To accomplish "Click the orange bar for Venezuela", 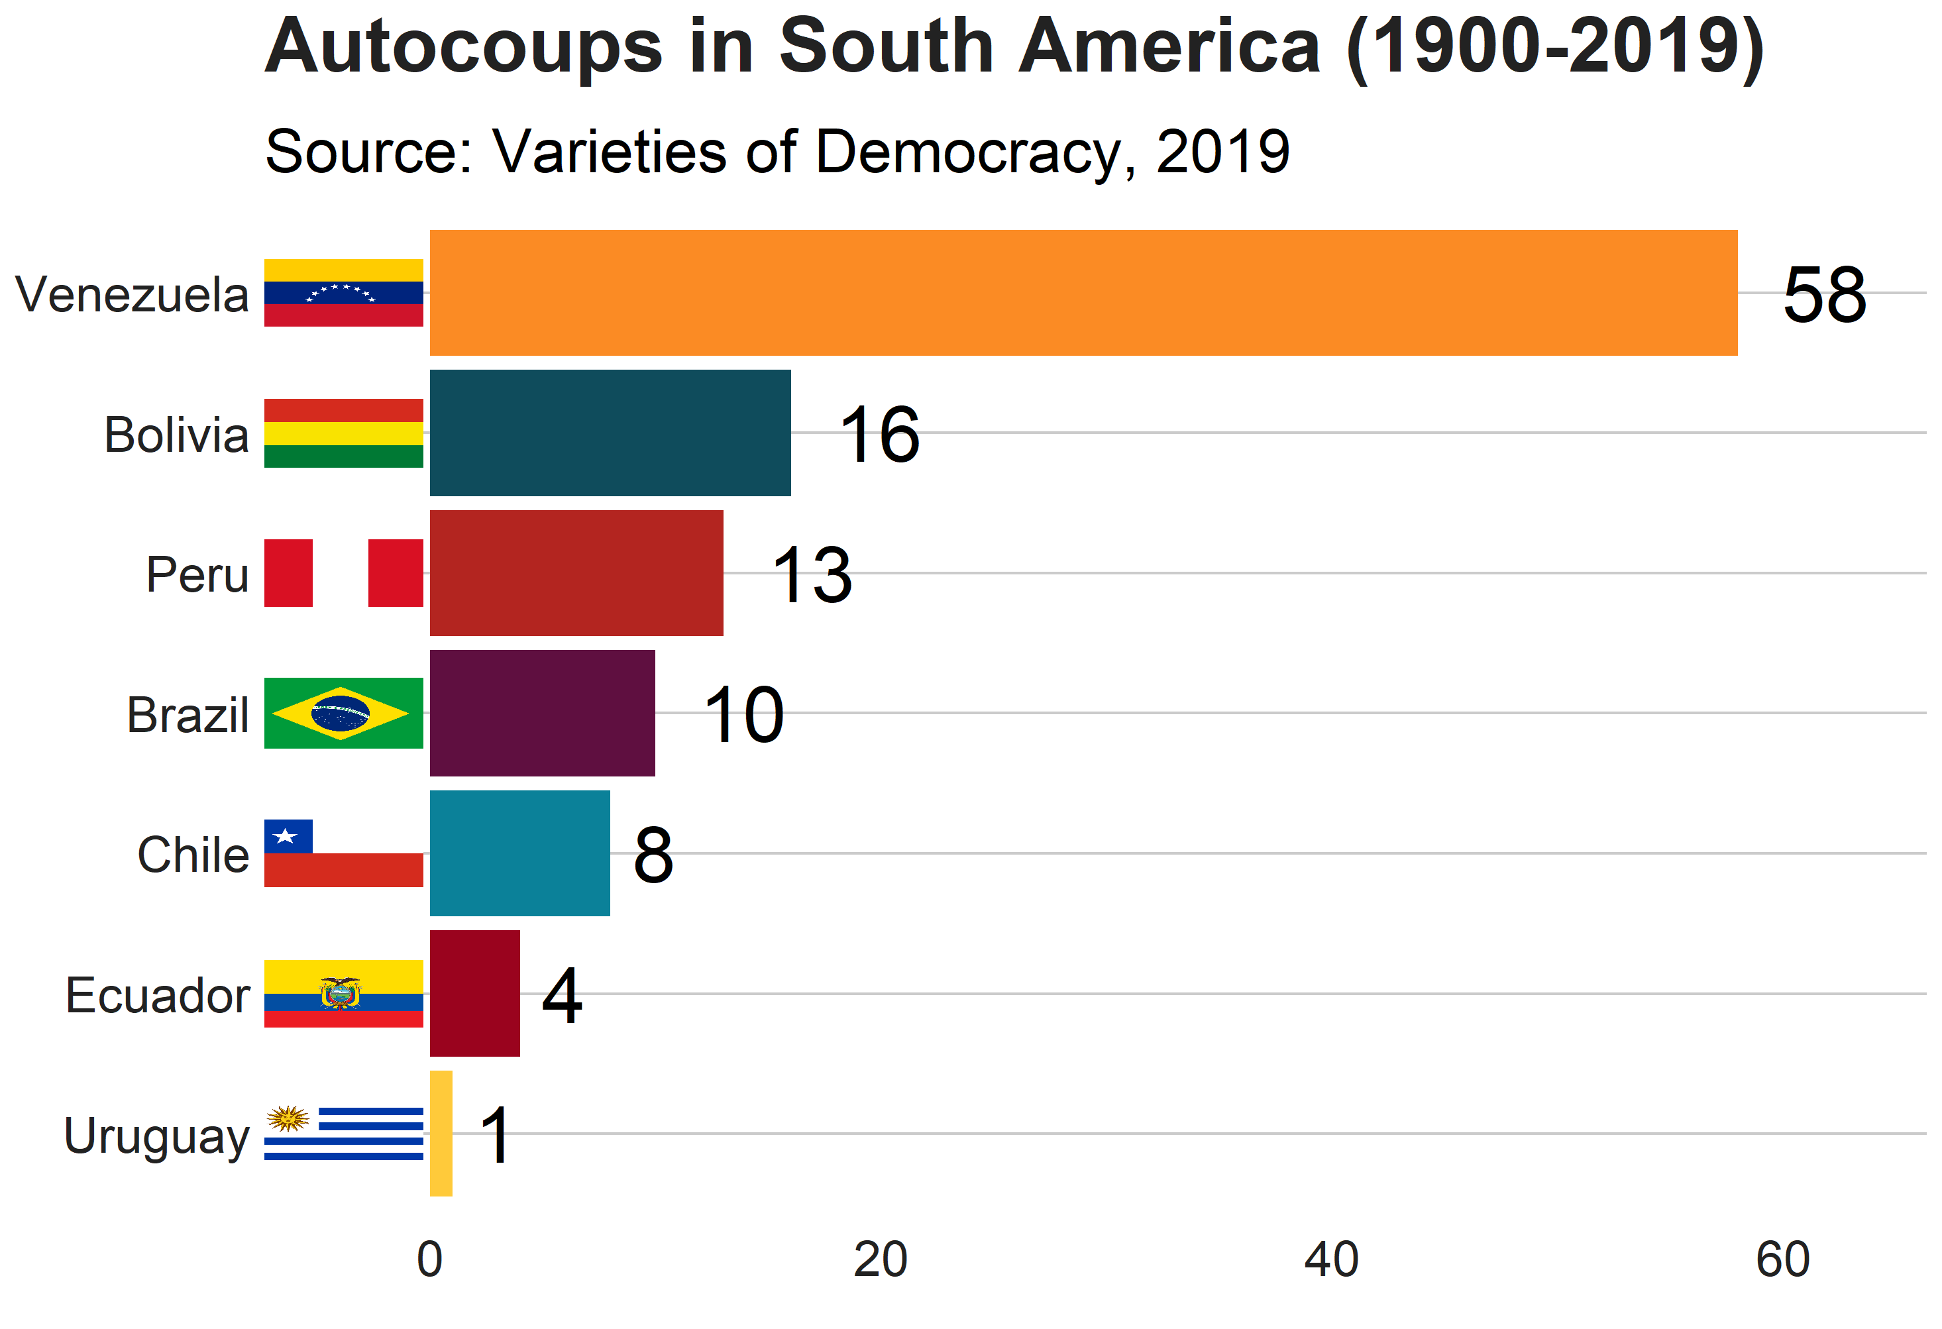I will point(1083,292).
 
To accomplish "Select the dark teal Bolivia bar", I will point(610,433).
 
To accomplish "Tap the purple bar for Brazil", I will point(543,712).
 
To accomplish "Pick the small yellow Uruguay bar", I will point(441,1133).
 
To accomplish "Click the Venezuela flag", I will point(343,292).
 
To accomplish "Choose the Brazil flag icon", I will point(343,712).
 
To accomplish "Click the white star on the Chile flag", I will point(286,836).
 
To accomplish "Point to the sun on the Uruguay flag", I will point(288,1118).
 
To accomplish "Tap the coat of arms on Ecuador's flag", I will point(340,993).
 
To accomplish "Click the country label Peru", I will point(197,574).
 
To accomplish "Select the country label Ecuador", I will point(158,995).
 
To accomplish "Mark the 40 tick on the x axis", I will point(1331,1259).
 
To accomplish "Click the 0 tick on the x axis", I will point(429,1259).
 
